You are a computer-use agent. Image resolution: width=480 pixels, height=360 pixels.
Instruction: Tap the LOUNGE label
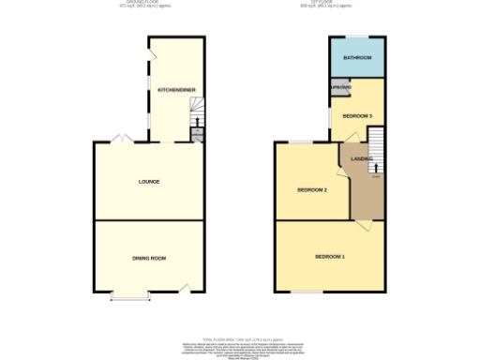148,181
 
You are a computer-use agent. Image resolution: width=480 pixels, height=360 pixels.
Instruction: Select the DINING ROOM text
148,257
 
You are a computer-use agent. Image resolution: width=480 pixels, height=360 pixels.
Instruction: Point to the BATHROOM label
357,58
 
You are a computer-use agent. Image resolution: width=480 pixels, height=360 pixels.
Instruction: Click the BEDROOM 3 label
357,115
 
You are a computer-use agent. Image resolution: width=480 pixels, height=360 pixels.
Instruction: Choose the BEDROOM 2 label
311,189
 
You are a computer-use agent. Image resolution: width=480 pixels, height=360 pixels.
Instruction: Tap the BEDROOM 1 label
329,257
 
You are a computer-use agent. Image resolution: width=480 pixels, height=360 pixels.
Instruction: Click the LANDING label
362,158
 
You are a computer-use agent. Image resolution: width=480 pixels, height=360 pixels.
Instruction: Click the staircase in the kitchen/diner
197,122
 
